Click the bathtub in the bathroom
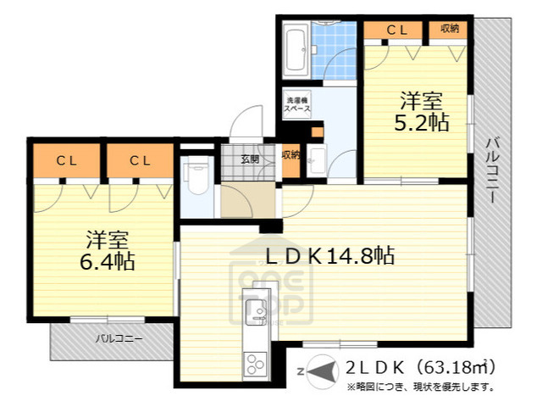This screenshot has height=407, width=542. [296, 50]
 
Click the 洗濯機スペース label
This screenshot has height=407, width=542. [297, 105]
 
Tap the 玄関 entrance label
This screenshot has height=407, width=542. [249, 159]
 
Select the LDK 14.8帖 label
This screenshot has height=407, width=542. [330, 254]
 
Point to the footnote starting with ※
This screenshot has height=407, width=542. [419, 387]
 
